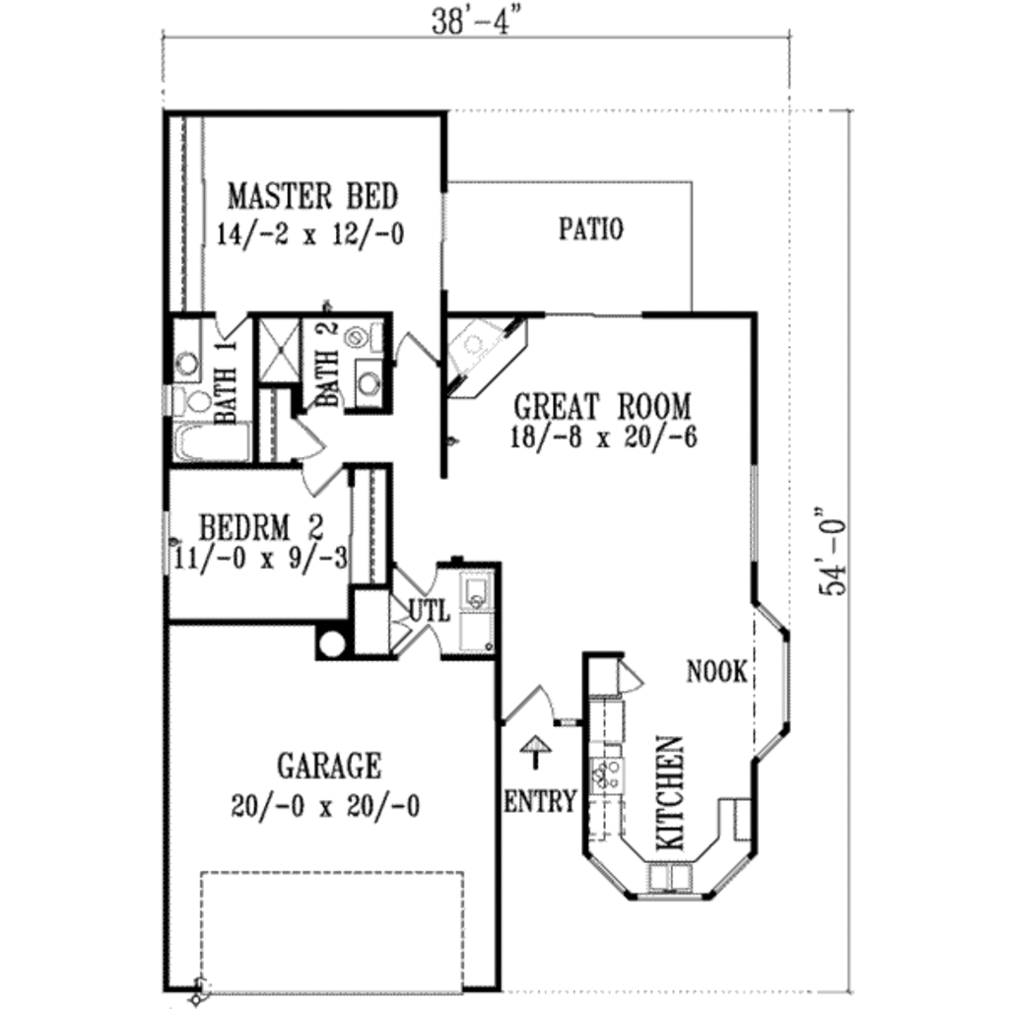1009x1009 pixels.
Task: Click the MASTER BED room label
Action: [x=312, y=196]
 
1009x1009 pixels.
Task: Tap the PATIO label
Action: [x=591, y=230]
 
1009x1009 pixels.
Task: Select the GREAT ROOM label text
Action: [x=603, y=405]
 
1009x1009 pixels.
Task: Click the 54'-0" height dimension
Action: [x=836, y=552]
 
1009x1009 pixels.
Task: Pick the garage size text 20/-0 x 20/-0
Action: [x=326, y=807]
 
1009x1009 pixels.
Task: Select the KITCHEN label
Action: [x=669, y=793]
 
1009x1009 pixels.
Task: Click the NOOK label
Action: [x=716, y=673]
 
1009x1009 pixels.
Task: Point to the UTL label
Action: [x=429, y=611]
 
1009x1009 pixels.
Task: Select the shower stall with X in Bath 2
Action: [x=276, y=349]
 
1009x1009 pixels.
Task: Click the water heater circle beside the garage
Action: [x=331, y=643]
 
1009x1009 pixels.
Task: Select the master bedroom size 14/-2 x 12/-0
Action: [x=310, y=235]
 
